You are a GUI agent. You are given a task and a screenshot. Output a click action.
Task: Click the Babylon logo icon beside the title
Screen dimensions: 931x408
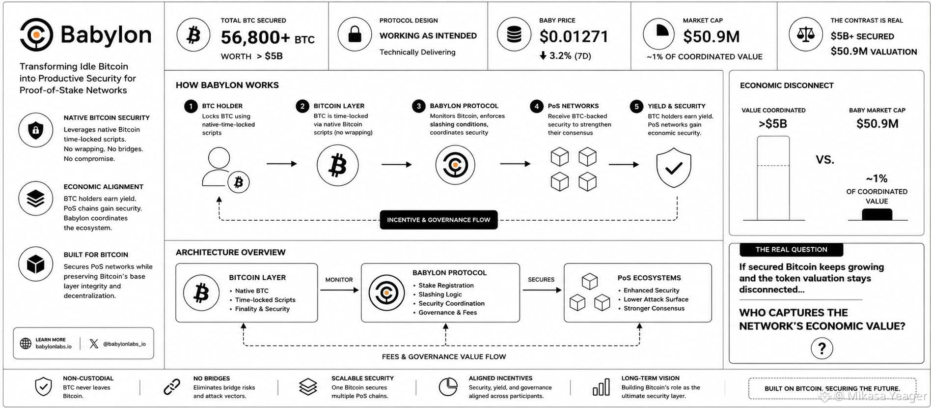click(x=36, y=34)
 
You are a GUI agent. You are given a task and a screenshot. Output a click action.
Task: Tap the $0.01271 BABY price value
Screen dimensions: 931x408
click(x=574, y=36)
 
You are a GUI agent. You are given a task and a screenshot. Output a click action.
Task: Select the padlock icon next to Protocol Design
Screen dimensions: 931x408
click(x=355, y=34)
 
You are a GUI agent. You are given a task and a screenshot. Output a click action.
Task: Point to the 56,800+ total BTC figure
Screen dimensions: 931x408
click(x=255, y=37)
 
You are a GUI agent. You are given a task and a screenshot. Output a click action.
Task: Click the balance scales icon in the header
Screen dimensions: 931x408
click(x=805, y=34)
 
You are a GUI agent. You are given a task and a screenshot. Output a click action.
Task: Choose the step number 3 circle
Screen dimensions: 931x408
click(x=418, y=106)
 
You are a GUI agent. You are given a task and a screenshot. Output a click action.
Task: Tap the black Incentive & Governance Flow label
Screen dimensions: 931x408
click(x=438, y=220)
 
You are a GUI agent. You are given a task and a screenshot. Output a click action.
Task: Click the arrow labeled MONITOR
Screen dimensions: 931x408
click(x=340, y=290)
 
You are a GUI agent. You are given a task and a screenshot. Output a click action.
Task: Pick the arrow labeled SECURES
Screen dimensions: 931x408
click(x=542, y=290)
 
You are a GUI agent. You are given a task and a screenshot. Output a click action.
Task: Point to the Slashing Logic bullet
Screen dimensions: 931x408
click(x=440, y=294)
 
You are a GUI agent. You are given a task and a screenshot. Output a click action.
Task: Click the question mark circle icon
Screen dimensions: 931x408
click(x=822, y=348)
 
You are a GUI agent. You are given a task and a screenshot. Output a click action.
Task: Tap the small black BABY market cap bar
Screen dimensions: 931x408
click(x=877, y=214)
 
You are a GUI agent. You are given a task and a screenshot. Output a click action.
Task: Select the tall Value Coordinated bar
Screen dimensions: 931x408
click(x=773, y=178)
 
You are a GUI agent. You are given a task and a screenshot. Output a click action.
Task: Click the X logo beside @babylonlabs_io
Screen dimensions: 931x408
click(x=94, y=344)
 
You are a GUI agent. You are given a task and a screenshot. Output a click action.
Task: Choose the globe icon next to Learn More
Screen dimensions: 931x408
click(x=26, y=343)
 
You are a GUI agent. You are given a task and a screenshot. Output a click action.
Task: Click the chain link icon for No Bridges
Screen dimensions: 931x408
click(x=172, y=387)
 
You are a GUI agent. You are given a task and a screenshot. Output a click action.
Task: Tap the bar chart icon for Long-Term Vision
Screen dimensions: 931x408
click(x=601, y=387)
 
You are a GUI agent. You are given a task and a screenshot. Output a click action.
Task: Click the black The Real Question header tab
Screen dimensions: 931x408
click(x=792, y=249)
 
